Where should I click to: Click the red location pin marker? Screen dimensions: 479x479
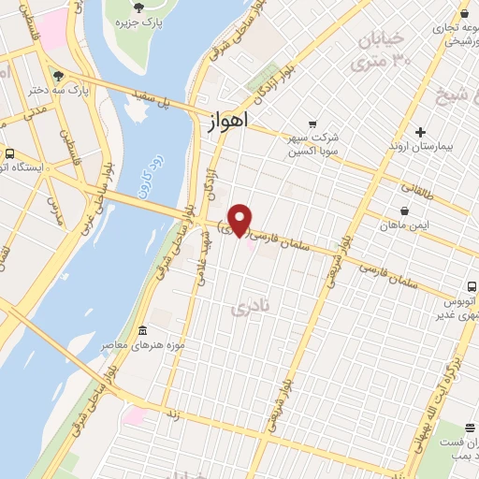[240, 219]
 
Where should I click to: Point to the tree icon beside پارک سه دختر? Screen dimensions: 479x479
[60, 75]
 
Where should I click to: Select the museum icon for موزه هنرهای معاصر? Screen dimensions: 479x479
[142, 330]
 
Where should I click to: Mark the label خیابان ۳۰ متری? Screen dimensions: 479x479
[380, 51]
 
